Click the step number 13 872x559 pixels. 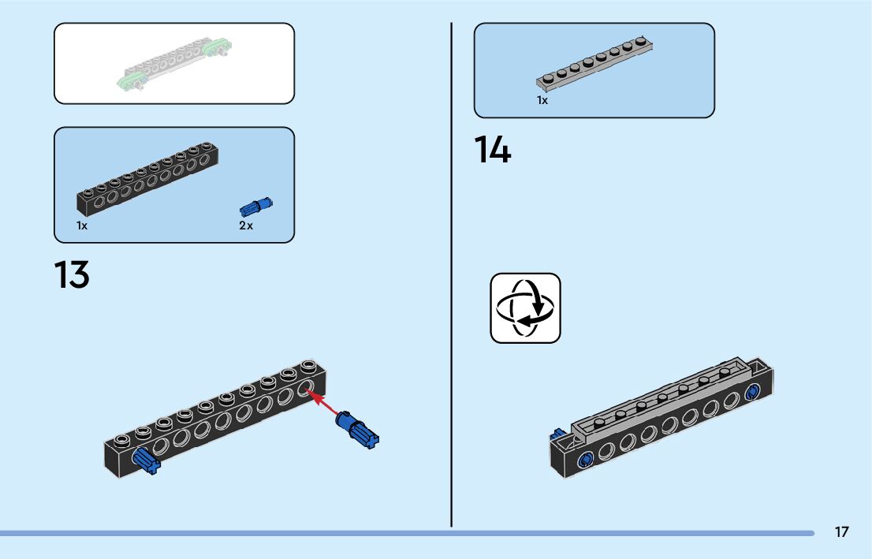[x=72, y=274]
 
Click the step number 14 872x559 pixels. [x=493, y=149]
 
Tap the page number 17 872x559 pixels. [x=842, y=532]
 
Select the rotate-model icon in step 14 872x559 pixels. [x=526, y=307]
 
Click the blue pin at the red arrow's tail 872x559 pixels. [x=357, y=430]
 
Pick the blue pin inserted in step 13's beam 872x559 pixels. [x=146, y=460]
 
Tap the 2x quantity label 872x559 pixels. [x=246, y=225]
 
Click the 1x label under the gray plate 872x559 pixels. [x=542, y=100]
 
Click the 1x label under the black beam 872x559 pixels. [x=82, y=225]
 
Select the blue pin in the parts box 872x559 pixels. [x=255, y=207]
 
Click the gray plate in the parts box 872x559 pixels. [x=594, y=64]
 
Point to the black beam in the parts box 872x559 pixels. [x=147, y=178]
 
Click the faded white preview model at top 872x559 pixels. [x=174, y=64]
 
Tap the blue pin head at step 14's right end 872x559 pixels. [x=752, y=392]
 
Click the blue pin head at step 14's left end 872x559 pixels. [x=585, y=460]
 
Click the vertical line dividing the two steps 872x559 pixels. [x=451, y=275]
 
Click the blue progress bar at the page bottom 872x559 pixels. [x=407, y=534]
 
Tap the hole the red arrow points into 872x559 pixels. [x=305, y=388]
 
